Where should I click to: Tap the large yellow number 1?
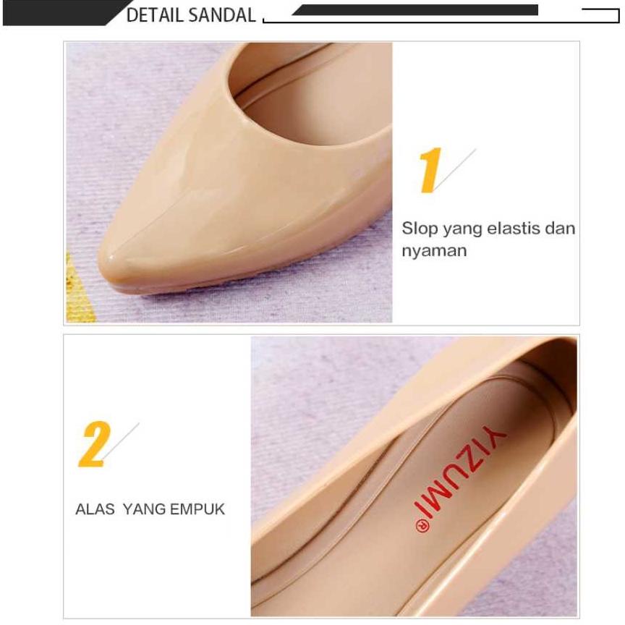point(429,171)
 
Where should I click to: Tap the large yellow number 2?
point(94,445)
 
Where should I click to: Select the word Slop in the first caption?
point(420,229)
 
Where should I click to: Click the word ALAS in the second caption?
point(95,509)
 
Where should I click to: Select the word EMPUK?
point(197,509)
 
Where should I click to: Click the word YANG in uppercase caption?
point(144,509)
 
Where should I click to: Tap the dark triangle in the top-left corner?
point(51,12)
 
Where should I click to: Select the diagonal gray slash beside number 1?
point(456,169)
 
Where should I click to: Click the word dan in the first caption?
point(560,229)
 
